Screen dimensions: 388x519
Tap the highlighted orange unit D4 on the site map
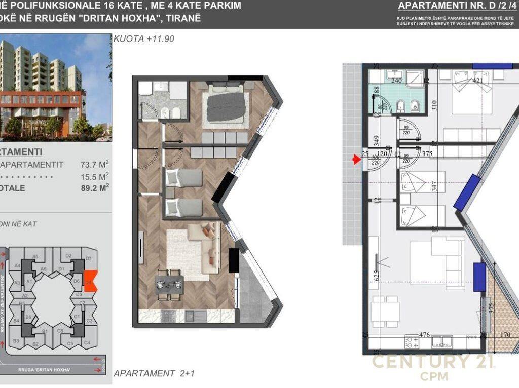click(x=88, y=281)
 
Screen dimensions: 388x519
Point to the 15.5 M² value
click(x=94, y=176)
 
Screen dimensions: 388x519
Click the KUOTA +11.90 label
click(x=144, y=38)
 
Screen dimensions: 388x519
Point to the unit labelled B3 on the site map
click(x=16, y=341)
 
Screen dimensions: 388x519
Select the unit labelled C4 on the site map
click(x=87, y=342)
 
